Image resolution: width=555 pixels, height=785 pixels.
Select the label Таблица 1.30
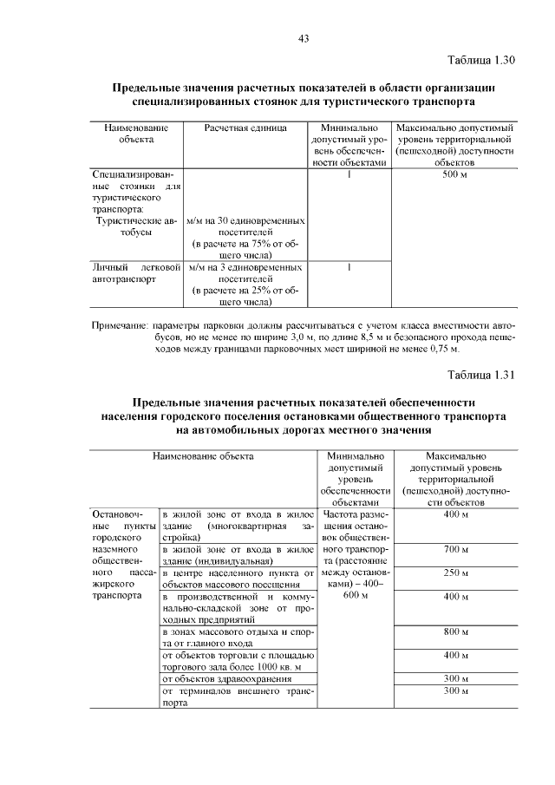(x=481, y=61)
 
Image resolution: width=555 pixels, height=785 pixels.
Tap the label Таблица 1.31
(x=481, y=376)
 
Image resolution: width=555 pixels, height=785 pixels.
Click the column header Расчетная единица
(x=245, y=128)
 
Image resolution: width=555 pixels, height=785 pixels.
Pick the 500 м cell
(x=454, y=174)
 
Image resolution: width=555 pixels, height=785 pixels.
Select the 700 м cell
(x=455, y=550)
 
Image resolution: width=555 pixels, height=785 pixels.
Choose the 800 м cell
(x=455, y=632)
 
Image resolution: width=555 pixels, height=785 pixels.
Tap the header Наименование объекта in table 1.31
(x=204, y=455)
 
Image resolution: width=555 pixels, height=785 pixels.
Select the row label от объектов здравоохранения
(x=215, y=679)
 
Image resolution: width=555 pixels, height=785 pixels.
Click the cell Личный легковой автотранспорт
(x=135, y=274)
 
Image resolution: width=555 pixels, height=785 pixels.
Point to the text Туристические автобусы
(x=135, y=227)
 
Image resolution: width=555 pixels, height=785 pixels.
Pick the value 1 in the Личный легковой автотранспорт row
(x=348, y=268)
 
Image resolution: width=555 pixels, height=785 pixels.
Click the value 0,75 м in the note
(x=441, y=349)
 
